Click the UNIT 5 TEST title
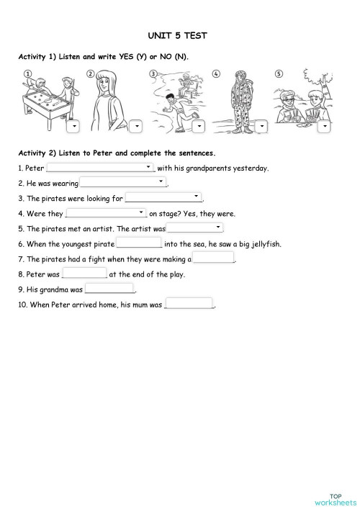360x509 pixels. pyautogui.click(x=181, y=35)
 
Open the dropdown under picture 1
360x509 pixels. pyautogui.click(x=73, y=126)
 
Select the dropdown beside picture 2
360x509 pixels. pyautogui.click(x=135, y=126)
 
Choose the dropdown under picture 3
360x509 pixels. pyautogui.click(x=198, y=126)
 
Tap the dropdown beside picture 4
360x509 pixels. pyautogui.click(x=261, y=126)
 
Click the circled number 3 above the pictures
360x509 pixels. pyautogui.click(x=153, y=73)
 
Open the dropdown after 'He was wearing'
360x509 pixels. pyautogui.click(x=123, y=183)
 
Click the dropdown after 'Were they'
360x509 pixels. pyautogui.click(x=107, y=213)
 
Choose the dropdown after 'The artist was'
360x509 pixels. pyautogui.click(x=194, y=228)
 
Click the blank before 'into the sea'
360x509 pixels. pyautogui.click(x=139, y=243)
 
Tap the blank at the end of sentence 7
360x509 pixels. pyautogui.click(x=213, y=258)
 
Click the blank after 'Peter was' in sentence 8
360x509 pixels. pyautogui.click(x=85, y=274)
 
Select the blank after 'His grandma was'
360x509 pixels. pyautogui.click(x=109, y=289)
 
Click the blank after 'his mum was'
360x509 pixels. pyautogui.click(x=189, y=304)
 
